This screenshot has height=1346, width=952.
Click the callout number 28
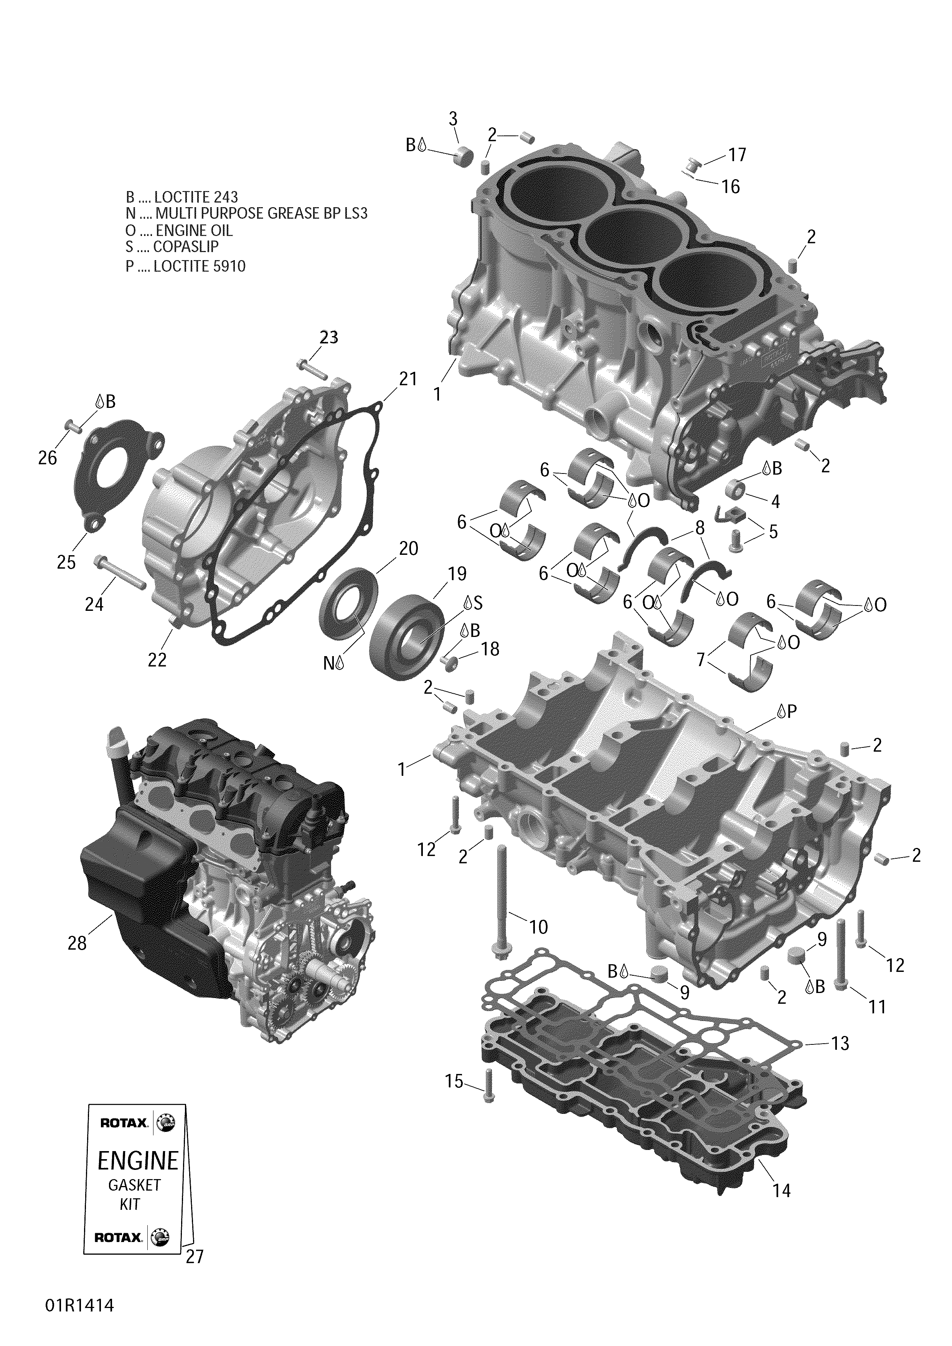tap(77, 960)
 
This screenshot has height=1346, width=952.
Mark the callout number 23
tap(329, 337)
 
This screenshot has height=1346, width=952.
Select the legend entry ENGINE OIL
tap(179, 230)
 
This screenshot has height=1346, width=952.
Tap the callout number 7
tap(701, 660)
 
